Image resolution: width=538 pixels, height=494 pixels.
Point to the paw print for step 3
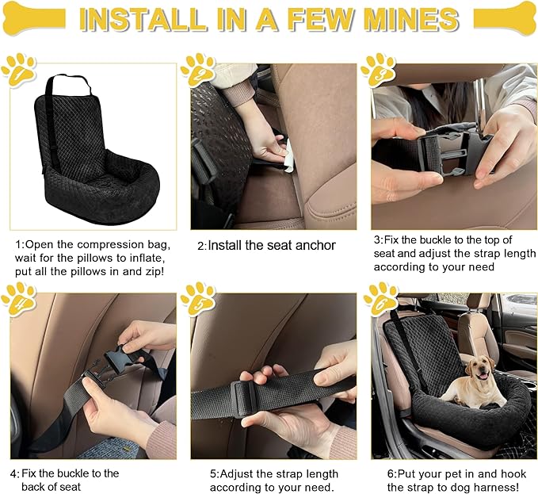378,70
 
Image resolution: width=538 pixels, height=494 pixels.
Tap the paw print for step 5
197,298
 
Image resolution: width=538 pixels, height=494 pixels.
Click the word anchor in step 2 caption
310,246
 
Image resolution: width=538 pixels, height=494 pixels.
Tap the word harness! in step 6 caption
502,487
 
